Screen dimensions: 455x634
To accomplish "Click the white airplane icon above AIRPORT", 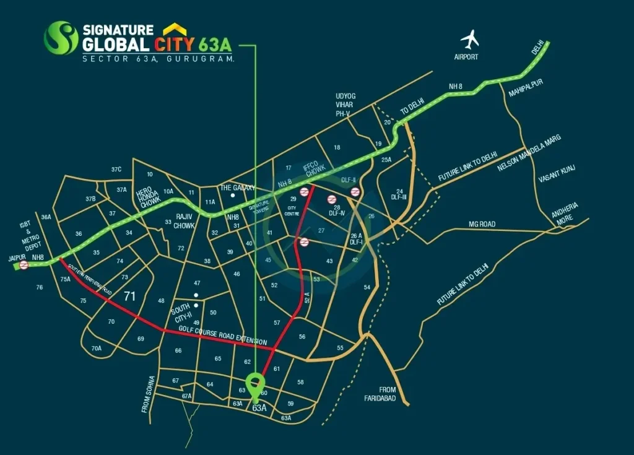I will (470, 40).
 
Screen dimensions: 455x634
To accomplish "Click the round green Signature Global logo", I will (61, 38).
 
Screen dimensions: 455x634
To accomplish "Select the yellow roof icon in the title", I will (175, 30).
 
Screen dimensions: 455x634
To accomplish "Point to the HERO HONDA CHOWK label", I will (149, 197).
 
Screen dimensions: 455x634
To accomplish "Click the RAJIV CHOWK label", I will (185, 221).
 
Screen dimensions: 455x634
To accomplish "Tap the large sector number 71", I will (129, 296).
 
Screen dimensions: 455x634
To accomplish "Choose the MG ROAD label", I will (482, 224).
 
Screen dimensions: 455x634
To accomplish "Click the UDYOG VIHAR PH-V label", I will (347, 105).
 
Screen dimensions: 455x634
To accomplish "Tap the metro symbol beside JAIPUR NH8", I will (24, 266).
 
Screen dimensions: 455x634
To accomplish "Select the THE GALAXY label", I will (234, 188).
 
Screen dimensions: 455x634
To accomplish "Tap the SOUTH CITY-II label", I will (181, 311).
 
